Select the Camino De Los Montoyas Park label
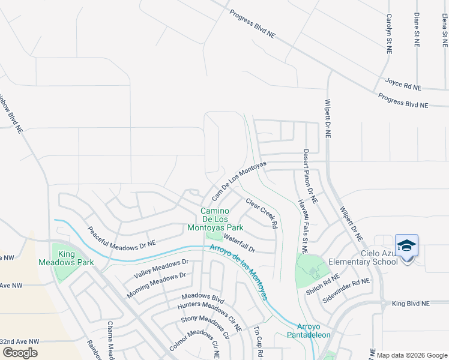pyautogui.click(x=221, y=219)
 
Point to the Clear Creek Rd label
pyautogui.click(x=262, y=213)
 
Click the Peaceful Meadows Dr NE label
pyautogui.click(x=122, y=237)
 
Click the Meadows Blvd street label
pyautogui.click(x=203, y=298)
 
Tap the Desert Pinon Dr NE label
pyautogui.click(x=310, y=175)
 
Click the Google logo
pyautogui.click(x=20, y=353)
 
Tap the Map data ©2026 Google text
pyautogui.click(x=411, y=355)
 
